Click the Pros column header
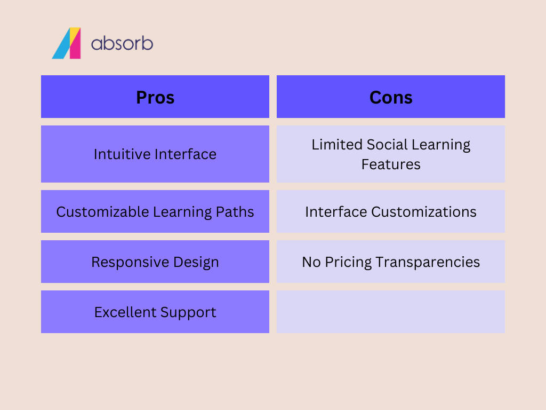click(x=155, y=97)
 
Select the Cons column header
click(x=391, y=97)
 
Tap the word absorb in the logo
click(x=122, y=44)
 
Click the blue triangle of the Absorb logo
click(x=61, y=45)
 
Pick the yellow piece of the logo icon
click(x=75, y=34)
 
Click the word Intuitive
click(x=122, y=154)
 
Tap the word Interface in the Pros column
click(x=186, y=154)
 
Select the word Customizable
click(x=103, y=212)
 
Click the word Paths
click(x=235, y=212)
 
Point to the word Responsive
click(x=130, y=262)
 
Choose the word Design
click(x=196, y=262)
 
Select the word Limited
click(x=337, y=144)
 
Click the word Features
click(x=391, y=164)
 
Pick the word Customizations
click(x=424, y=212)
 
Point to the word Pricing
click(x=348, y=262)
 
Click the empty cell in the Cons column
click(x=391, y=312)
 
